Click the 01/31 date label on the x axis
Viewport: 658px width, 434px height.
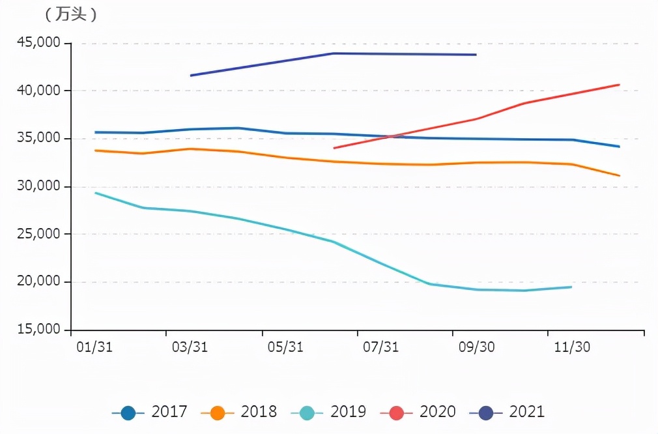click(94, 347)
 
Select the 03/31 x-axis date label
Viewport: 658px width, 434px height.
click(190, 347)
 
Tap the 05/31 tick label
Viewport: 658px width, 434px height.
click(285, 347)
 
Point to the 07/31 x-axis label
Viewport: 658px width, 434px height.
click(381, 347)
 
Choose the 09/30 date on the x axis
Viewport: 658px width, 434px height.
click(477, 347)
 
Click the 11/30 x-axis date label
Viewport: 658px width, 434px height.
click(572, 347)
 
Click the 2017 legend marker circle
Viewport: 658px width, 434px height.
click(128, 412)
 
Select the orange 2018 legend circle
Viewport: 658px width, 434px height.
click(218, 412)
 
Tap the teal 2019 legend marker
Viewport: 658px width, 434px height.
click(307, 412)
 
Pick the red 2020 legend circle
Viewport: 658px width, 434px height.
click(396, 412)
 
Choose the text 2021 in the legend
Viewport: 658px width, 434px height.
click(526, 412)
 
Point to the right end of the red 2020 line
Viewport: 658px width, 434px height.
click(619, 85)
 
